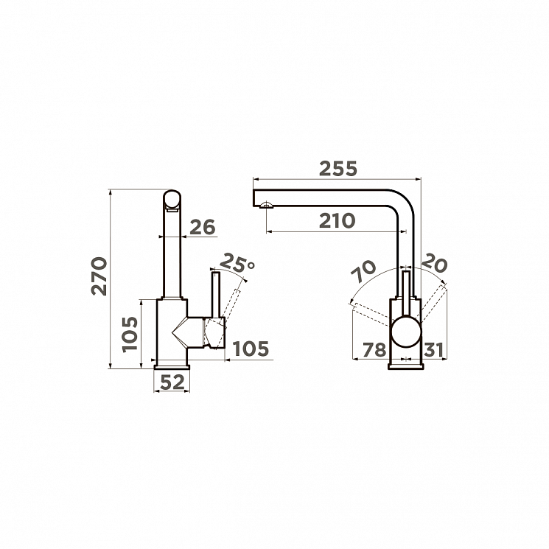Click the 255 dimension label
pos(338,169)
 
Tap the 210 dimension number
pos(338,220)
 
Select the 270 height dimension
pos(99,276)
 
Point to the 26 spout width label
pos(203,227)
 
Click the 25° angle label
pos(238,262)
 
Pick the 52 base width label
pos(172,382)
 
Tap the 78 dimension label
pos(374,350)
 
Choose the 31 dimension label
pos(434,350)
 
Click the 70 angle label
pos(364,271)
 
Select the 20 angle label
pos(434,265)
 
